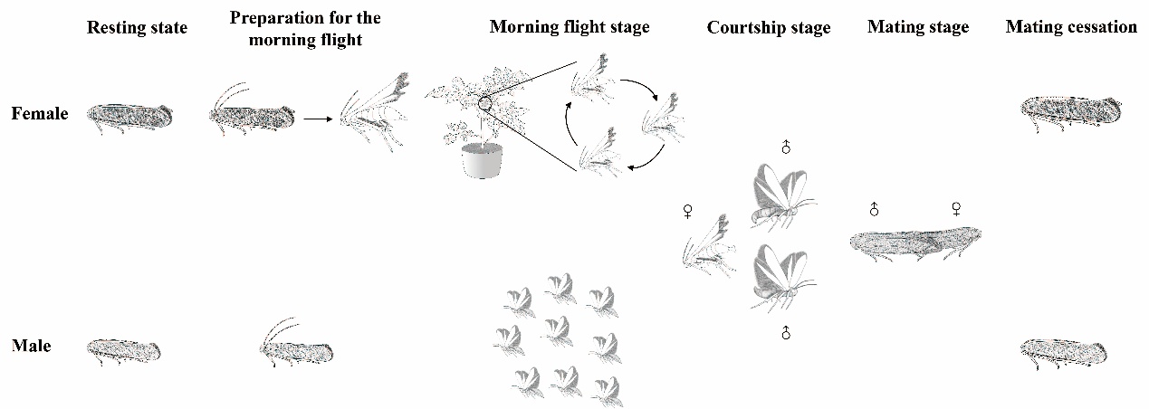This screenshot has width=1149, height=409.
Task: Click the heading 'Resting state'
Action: pyautogui.click(x=137, y=27)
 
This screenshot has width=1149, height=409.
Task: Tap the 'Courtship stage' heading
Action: pyautogui.click(x=769, y=28)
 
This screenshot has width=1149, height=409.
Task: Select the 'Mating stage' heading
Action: pyautogui.click(x=918, y=27)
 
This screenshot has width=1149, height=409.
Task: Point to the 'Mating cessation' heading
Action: pyautogui.click(x=1071, y=26)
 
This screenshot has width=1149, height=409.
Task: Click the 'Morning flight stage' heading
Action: pyautogui.click(x=570, y=27)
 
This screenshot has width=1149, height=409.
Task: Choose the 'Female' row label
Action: pyautogui.click(x=40, y=113)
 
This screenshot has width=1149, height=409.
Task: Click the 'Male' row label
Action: pyautogui.click(x=32, y=346)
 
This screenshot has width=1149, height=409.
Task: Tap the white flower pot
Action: pyautogui.click(x=483, y=161)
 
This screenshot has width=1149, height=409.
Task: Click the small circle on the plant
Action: pyautogui.click(x=484, y=104)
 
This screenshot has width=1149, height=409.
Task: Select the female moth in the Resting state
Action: pyautogui.click(x=129, y=118)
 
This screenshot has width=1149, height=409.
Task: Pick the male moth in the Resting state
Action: pyautogui.click(x=123, y=352)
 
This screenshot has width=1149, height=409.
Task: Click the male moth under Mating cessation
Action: pyautogui.click(x=1063, y=353)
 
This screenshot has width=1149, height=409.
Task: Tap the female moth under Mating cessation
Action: pyautogui.click(x=1070, y=114)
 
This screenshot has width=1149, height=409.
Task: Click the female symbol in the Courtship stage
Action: pyautogui.click(x=688, y=211)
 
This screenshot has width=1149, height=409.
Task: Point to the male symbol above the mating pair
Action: pyautogui.click(x=874, y=209)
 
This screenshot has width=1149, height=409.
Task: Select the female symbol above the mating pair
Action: pyautogui.click(x=955, y=209)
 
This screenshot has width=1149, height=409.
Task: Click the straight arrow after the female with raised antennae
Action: pyautogui.click(x=318, y=119)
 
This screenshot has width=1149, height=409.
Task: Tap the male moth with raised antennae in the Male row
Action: pyautogui.click(x=296, y=343)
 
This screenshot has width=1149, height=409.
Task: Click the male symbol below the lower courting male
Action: pyautogui.click(x=785, y=332)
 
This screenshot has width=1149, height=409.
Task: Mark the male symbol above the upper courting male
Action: pyautogui.click(x=785, y=147)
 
